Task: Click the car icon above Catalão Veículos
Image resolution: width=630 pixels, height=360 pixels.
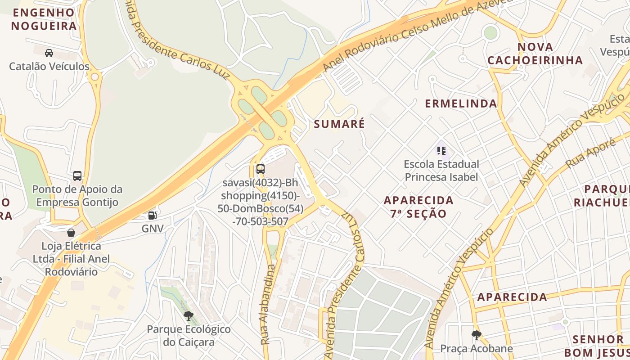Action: click(49, 53)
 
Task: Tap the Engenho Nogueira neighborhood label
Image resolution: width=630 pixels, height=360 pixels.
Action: click(44, 19)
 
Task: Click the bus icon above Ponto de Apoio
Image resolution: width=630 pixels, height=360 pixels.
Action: click(77, 175)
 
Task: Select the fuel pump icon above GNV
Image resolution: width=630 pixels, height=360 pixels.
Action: click(153, 216)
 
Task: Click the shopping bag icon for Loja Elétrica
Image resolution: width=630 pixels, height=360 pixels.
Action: click(71, 233)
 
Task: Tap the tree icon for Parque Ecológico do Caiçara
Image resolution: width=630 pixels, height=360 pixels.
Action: click(189, 315)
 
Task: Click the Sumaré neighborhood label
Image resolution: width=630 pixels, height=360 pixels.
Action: click(339, 124)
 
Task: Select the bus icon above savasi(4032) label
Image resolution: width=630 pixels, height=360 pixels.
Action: click(261, 169)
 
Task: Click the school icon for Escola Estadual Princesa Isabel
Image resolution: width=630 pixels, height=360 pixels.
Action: click(441, 150)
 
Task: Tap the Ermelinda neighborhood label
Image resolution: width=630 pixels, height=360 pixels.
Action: click(461, 103)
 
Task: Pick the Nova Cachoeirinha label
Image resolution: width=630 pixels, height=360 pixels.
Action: click(535, 54)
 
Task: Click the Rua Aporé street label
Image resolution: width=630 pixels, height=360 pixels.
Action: click(590, 153)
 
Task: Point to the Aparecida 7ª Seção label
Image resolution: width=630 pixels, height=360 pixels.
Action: click(418, 207)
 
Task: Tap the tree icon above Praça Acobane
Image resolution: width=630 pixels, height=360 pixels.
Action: click(476, 335)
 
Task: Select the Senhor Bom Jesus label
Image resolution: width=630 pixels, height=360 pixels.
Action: click(598, 346)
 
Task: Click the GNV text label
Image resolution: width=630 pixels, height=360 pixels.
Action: click(153, 229)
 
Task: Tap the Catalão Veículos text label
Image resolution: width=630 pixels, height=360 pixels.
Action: click(49, 66)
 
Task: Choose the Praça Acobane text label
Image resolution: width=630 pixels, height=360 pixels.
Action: click(476, 348)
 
